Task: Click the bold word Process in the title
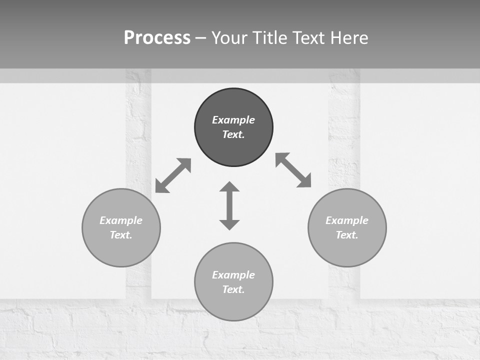(157, 38)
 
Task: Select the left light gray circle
(121, 250)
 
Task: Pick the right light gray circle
(347, 250)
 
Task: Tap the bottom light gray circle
(233, 304)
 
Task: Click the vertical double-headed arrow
(229, 205)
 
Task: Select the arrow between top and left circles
(173, 175)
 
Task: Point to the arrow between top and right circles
(293, 170)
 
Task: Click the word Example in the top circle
(233, 120)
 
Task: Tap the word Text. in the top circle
(233, 134)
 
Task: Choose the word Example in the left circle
(121, 220)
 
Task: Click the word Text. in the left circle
(121, 235)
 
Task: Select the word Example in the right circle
(347, 220)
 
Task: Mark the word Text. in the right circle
(347, 235)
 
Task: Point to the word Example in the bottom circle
(233, 275)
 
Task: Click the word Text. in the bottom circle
(233, 289)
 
